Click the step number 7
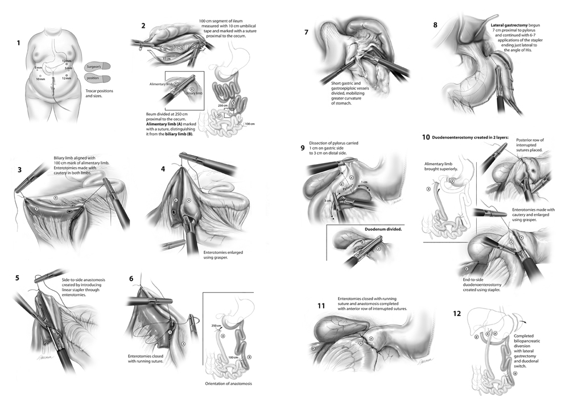(307, 32)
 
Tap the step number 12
(457, 313)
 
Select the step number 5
(18, 278)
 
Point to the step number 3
(19, 169)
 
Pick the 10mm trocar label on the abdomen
(40, 79)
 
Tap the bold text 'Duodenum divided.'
(384, 230)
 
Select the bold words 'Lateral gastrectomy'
(512, 26)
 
